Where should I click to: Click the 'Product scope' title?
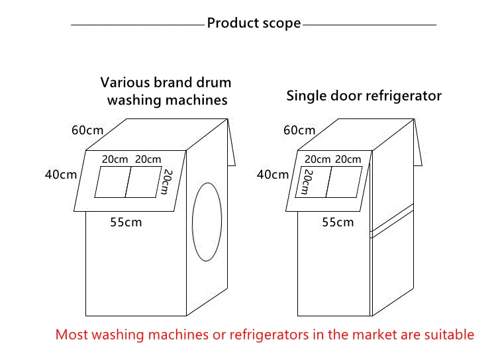click(254, 23)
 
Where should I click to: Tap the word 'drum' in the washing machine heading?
click(213, 83)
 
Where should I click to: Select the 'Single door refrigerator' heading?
click(364, 96)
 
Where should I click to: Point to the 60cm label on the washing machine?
click(87, 130)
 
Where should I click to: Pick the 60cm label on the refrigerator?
click(299, 130)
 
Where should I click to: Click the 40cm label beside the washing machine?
click(61, 175)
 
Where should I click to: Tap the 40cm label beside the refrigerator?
click(272, 175)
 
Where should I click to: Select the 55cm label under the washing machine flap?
click(126, 222)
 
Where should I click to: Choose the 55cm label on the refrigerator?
click(338, 222)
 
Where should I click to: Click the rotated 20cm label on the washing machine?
click(166, 182)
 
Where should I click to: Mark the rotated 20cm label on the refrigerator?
click(307, 182)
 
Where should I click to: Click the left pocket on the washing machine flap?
click(113, 182)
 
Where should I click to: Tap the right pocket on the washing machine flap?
click(144, 182)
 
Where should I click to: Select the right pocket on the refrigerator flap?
click(344, 182)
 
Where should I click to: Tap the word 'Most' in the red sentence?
click(72, 335)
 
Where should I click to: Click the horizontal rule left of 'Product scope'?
click(138, 24)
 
